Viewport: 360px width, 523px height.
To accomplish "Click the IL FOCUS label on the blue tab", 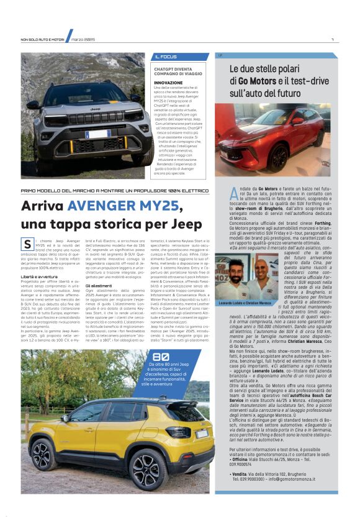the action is (x=166, y=57).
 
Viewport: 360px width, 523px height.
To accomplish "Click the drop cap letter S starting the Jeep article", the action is (x=27, y=244).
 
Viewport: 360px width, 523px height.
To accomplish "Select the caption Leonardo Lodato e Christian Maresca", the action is (x=246, y=302).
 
